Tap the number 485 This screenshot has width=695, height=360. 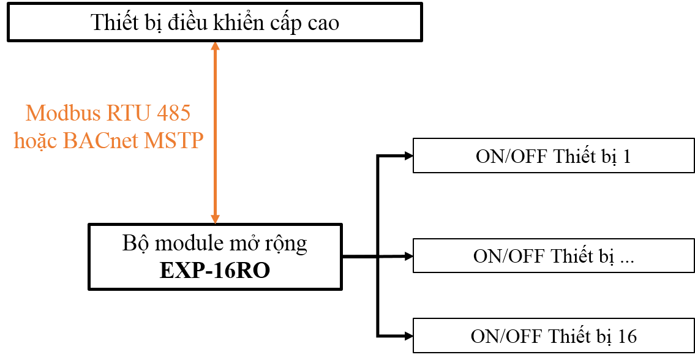point(173,113)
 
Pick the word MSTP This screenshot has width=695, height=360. point(173,141)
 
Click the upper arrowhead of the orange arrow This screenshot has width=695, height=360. point(215,46)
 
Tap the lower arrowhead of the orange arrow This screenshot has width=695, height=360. point(215,219)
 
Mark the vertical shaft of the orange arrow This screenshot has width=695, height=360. point(215,132)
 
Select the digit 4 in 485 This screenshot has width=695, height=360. point(162,113)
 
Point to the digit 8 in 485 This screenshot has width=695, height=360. point(173,113)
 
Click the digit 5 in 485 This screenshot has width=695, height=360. point(184,113)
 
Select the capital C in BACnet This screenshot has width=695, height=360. point(97,141)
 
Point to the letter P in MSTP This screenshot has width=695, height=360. point(197,141)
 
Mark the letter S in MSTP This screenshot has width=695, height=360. point(170,141)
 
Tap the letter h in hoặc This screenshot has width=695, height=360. point(19,141)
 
